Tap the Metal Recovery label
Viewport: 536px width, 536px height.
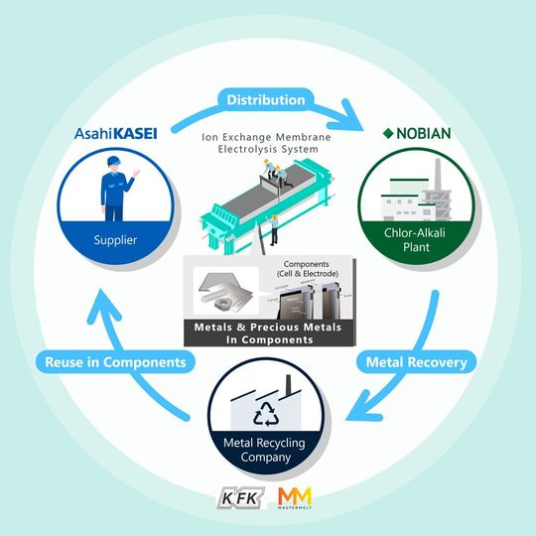coord(416,362)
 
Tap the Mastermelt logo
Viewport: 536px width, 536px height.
coord(299,496)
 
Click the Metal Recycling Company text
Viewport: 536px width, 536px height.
coord(269,453)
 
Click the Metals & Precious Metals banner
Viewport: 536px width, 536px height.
coord(268,333)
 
